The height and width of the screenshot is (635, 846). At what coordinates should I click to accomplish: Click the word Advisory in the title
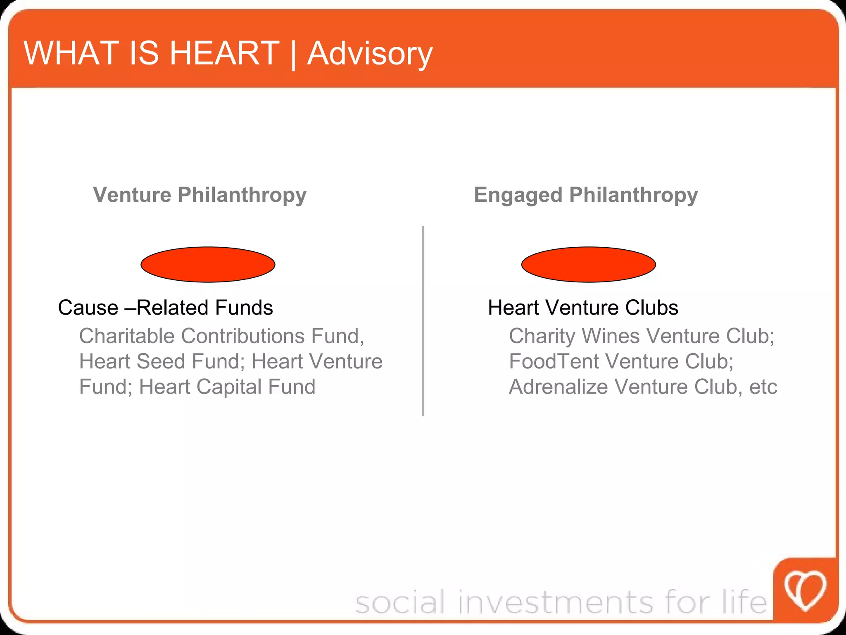pos(370,54)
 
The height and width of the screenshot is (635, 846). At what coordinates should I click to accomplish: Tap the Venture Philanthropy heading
pos(200,194)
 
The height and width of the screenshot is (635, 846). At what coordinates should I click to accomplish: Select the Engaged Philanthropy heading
pos(585,194)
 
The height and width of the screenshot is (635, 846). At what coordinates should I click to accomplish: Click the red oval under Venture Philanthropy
pos(208,265)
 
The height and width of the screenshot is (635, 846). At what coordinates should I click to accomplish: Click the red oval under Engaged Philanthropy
pos(588,265)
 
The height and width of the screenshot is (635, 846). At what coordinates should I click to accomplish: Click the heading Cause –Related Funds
pos(165,308)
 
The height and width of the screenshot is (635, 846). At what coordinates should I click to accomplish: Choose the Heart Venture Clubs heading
pos(583,308)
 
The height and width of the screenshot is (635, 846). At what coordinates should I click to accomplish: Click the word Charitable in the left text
pos(127,336)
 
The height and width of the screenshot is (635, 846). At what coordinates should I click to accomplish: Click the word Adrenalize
pos(558,387)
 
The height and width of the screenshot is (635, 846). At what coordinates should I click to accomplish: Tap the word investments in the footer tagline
pos(556,602)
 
